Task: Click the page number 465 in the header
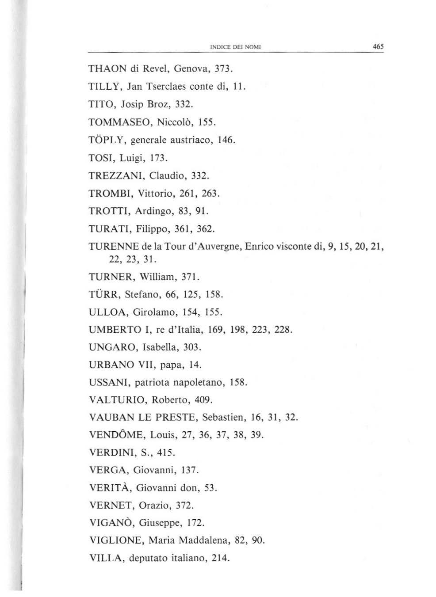point(378,46)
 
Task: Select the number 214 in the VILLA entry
point(221,558)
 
